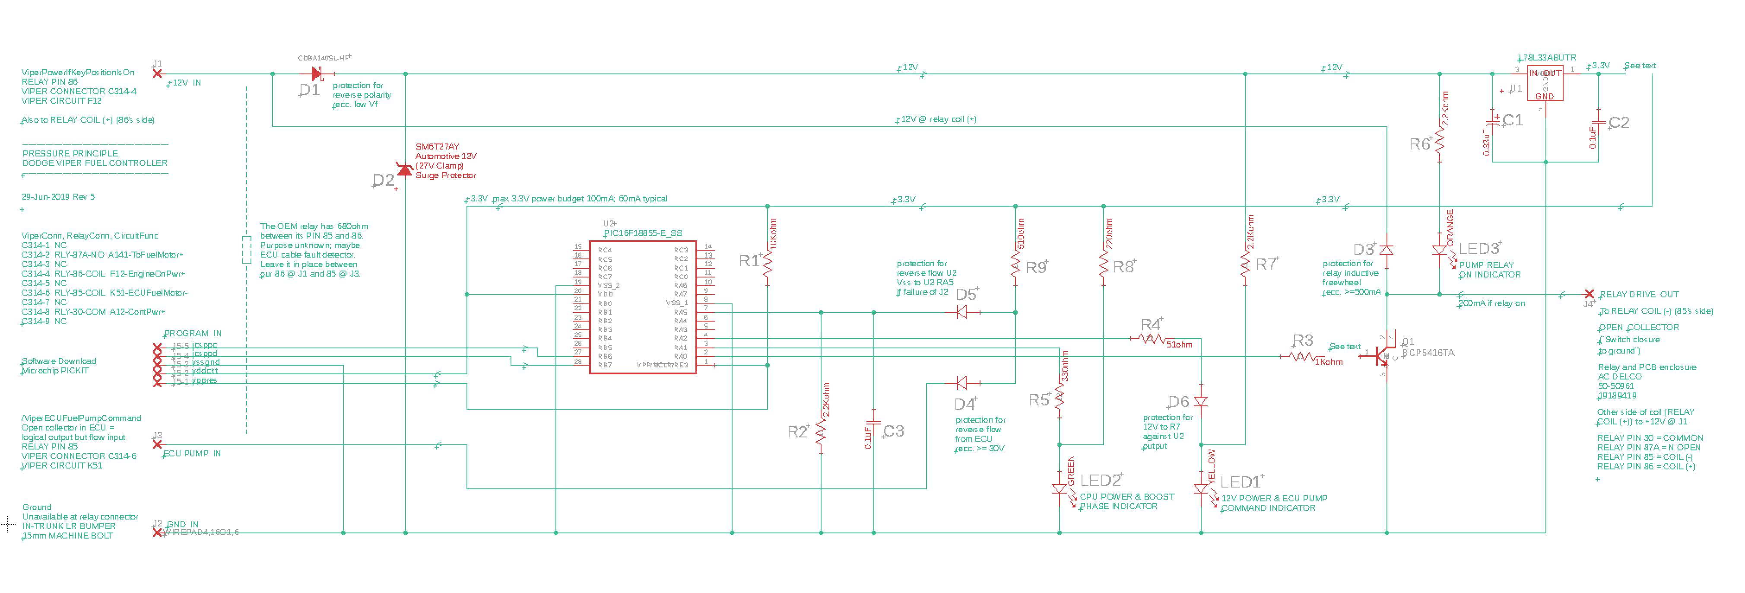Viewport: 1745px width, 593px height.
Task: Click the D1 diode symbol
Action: [316, 73]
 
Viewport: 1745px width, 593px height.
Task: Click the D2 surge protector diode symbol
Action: [405, 169]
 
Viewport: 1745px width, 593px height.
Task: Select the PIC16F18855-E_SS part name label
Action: [643, 233]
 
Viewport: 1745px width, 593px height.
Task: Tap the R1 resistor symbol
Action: [768, 265]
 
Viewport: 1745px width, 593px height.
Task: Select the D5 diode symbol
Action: [962, 312]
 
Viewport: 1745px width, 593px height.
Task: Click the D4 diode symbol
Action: [962, 383]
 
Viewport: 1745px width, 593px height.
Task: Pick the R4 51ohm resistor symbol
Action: [1152, 338]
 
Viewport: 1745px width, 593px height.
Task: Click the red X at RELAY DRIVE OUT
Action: [1589, 294]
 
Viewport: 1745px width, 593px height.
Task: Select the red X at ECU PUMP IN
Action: [157, 445]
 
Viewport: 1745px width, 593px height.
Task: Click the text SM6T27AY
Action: [437, 147]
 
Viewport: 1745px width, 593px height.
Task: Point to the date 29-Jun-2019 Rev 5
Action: [58, 197]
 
